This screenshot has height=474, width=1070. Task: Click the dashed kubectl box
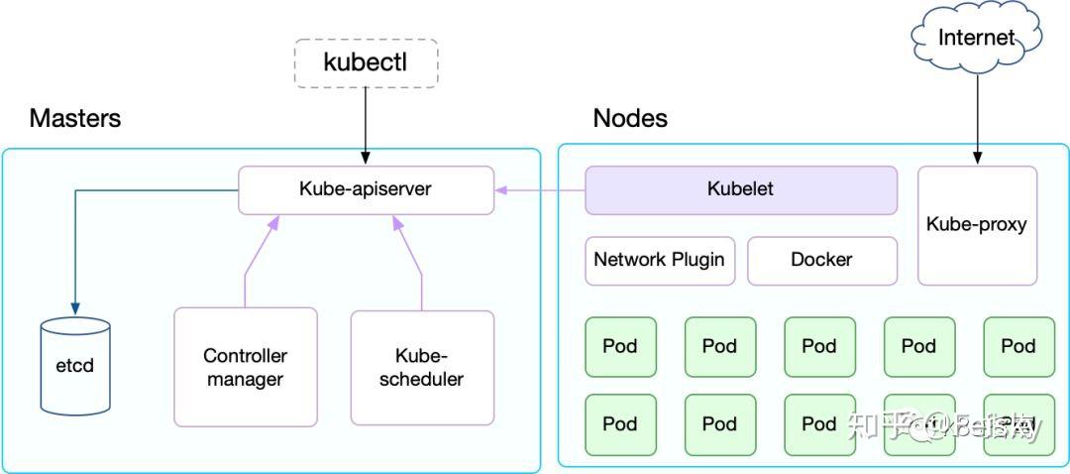(x=366, y=62)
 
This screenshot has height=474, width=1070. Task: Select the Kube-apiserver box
(x=366, y=189)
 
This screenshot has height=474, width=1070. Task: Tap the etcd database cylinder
(x=74, y=366)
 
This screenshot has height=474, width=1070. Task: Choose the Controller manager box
(x=245, y=367)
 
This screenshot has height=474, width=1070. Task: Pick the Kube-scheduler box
(x=422, y=367)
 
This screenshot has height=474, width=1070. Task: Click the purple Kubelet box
(x=740, y=189)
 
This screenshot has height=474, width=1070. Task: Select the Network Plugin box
(x=659, y=260)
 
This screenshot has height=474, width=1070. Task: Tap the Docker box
(x=821, y=260)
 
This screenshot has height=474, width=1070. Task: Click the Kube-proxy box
(x=977, y=225)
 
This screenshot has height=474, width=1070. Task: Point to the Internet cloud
(x=977, y=38)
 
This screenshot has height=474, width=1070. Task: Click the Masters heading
(x=75, y=119)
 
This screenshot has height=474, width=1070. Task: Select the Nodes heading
(x=630, y=119)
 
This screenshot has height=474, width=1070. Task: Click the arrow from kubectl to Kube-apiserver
(x=366, y=124)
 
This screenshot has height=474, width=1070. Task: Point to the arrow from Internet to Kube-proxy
(x=977, y=114)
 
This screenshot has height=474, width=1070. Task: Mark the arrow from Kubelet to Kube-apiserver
(x=540, y=189)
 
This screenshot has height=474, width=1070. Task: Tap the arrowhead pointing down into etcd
(x=74, y=306)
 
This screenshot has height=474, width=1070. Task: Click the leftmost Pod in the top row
(x=620, y=347)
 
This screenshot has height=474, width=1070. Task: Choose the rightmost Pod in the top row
(x=1018, y=347)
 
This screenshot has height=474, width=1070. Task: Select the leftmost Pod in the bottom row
(x=620, y=424)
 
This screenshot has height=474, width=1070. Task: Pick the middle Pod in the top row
(x=819, y=347)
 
